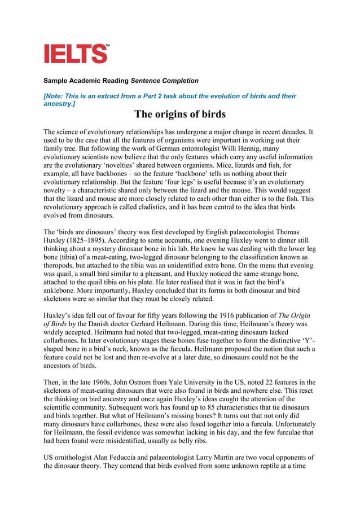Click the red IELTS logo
[76, 54]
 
